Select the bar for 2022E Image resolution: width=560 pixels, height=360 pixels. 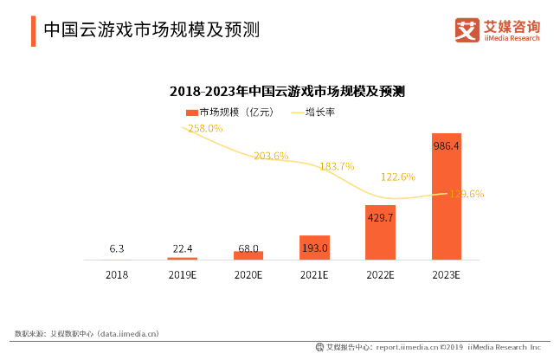[x=380, y=232]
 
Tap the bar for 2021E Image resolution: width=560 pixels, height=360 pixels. [x=314, y=247]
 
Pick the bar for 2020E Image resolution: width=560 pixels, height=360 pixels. [x=248, y=255]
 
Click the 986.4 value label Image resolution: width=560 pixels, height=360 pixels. [x=447, y=147]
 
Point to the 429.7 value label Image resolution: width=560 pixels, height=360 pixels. [x=380, y=219]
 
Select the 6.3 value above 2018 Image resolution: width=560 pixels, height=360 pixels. [x=117, y=249]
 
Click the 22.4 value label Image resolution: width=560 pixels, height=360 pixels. [x=183, y=249]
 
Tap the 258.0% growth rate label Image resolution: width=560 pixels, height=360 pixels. [x=205, y=128]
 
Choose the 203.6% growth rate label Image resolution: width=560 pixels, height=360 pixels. [x=271, y=156]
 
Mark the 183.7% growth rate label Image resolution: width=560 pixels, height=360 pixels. [x=337, y=166]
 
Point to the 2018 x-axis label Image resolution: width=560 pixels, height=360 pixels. [x=117, y=274]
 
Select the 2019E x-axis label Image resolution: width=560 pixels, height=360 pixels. [x=183, y=274]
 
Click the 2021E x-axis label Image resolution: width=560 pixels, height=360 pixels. [x=314, y=274]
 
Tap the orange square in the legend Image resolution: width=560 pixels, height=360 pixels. [x=191, y=112]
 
